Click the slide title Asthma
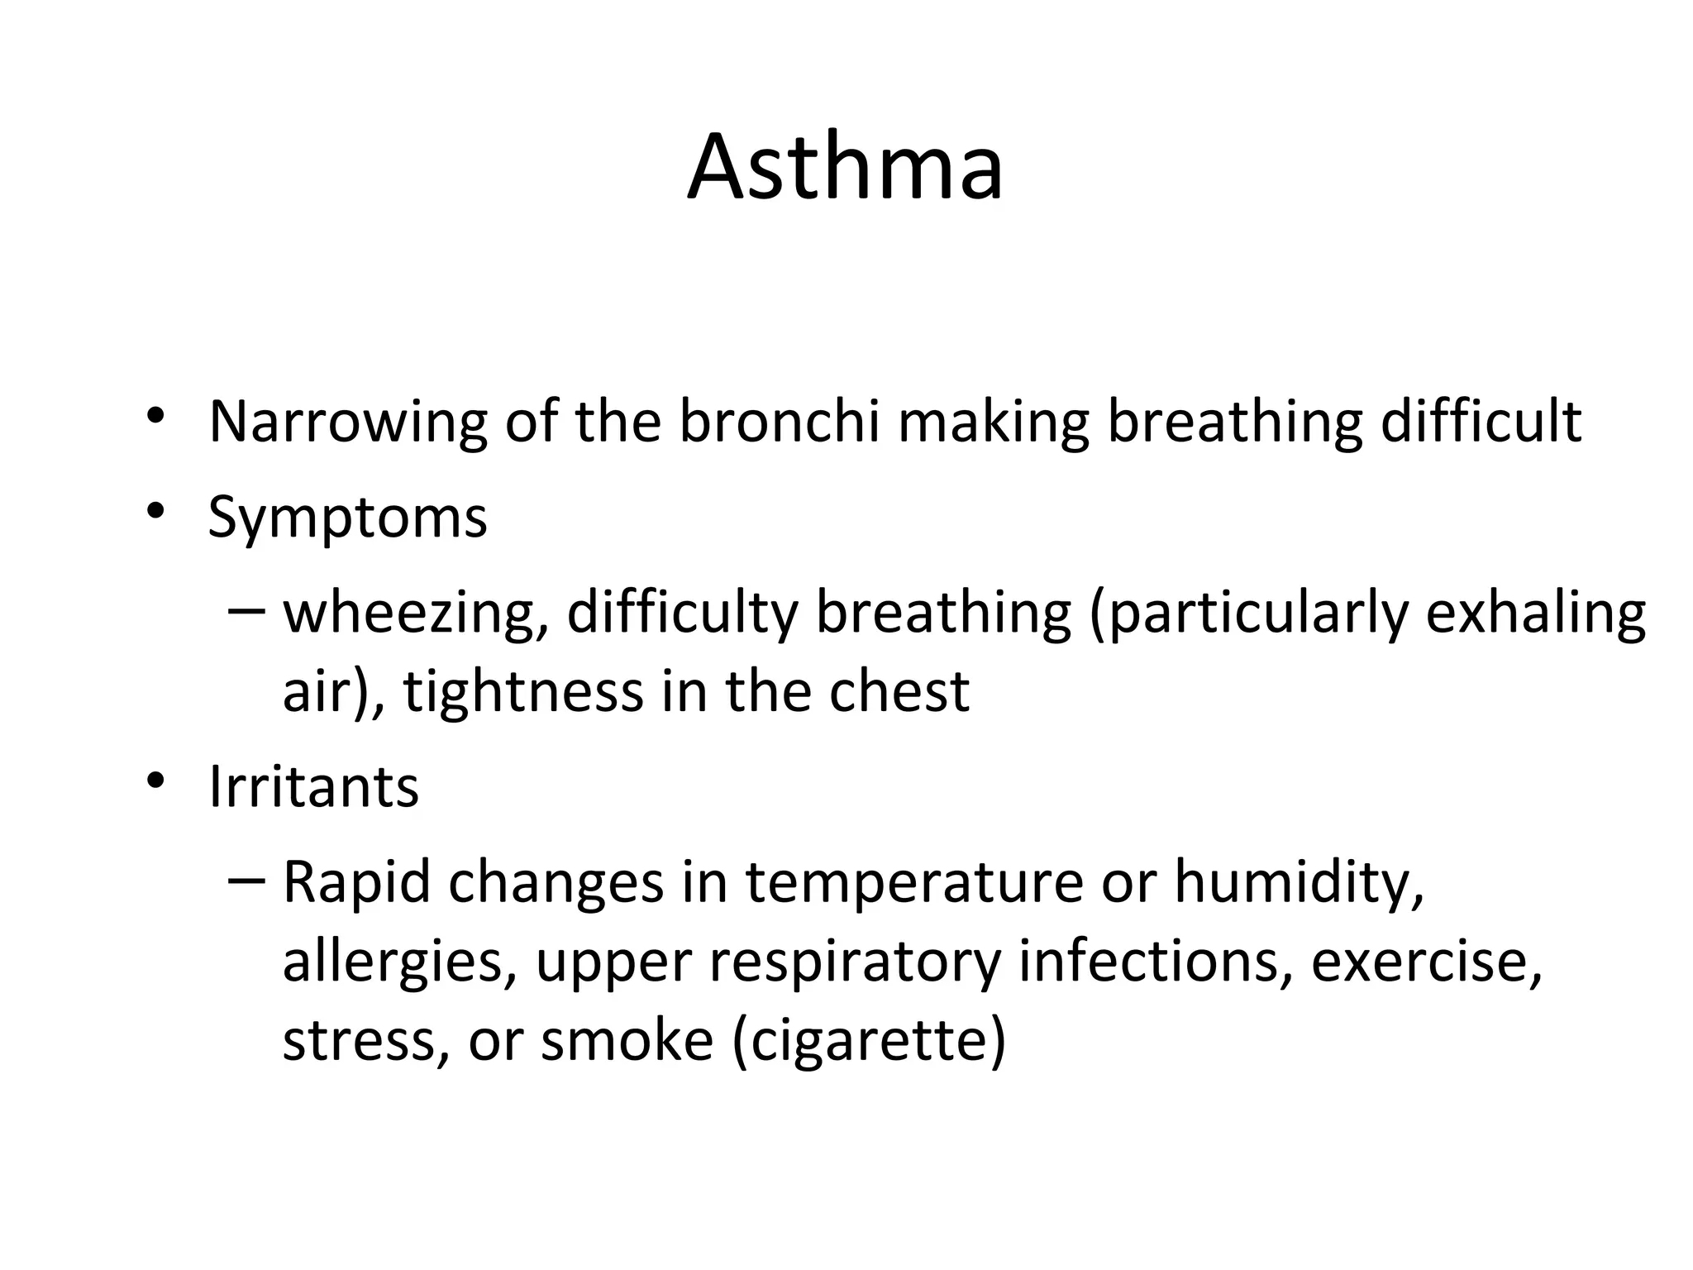(x=845, y=167)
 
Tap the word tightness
(x=522, y=691)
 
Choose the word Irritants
(x=313, y=786)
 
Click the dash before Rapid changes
(x=246, y=880)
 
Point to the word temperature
(x=913, y=883)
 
